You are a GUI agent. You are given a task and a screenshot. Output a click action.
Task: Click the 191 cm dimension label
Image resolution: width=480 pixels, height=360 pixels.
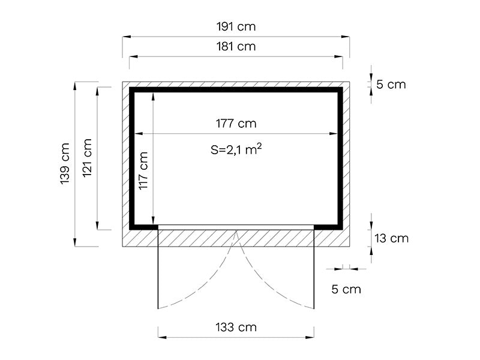[236, 27]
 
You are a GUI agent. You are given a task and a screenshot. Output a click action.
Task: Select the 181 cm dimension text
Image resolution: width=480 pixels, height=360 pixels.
[236, 46]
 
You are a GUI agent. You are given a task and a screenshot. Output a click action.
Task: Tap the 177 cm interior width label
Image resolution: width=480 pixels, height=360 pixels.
[236, 124]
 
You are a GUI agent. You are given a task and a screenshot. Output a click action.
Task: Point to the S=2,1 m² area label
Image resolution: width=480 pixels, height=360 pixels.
[235, 151]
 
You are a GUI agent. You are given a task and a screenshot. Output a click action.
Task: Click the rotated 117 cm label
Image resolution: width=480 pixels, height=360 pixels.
[144, 172]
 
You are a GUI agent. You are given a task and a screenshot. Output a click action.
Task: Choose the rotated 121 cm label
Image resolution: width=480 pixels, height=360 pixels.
[88, 159]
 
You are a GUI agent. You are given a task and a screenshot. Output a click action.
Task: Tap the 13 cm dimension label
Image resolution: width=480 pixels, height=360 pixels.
[391, 238]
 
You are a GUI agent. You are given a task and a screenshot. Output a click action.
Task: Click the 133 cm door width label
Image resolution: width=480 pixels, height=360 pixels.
[236, 327]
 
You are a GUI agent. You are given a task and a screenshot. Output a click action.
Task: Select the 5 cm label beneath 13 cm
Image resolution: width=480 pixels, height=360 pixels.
[346, 289]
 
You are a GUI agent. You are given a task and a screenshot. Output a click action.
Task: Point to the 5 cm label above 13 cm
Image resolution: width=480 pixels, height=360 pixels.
[391, 85]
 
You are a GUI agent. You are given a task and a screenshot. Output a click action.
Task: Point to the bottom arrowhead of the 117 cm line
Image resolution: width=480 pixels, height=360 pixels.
[154, 221]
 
